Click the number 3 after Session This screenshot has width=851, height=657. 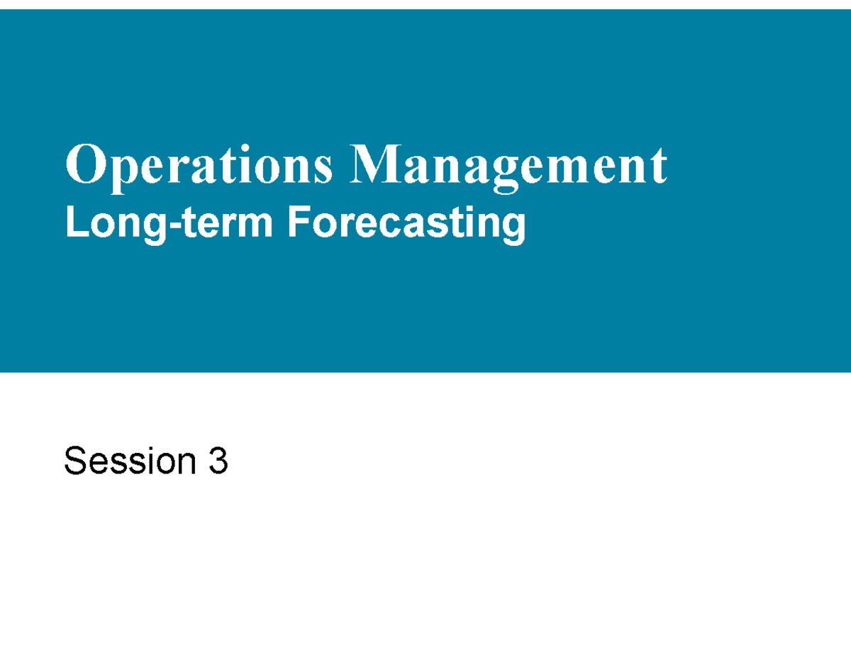pyautogui.click(x=218, y=462)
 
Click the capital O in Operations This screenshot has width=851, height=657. pyautogui.click(x=81, y=164)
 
